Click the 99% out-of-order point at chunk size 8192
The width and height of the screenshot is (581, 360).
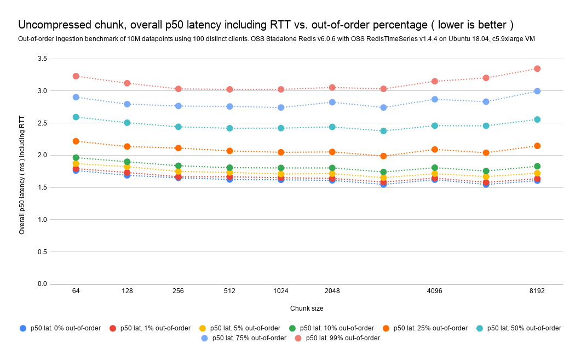(537, 68)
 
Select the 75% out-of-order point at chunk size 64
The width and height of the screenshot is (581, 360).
(76, 97)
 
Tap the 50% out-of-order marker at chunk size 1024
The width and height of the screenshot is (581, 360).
(281, 128)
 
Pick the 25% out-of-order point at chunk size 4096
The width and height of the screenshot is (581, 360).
(435, 149)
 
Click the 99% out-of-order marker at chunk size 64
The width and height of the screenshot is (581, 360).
(76, 76)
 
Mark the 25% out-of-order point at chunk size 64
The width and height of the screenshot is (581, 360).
(76, 141)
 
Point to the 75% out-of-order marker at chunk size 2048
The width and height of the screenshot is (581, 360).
(332, 102)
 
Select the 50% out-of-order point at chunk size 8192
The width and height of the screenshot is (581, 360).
(537, 119)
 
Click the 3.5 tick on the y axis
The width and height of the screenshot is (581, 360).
(42, 59)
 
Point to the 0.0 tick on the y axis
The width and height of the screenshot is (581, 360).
(42, 284)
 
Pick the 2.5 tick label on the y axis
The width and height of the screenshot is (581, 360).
(42, 123)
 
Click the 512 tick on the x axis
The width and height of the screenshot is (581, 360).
(229, 291)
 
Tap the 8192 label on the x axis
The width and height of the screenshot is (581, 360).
(537, 291)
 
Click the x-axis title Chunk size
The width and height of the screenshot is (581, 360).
(307, 308)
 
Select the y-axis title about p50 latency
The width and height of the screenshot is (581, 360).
(22, 172)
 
